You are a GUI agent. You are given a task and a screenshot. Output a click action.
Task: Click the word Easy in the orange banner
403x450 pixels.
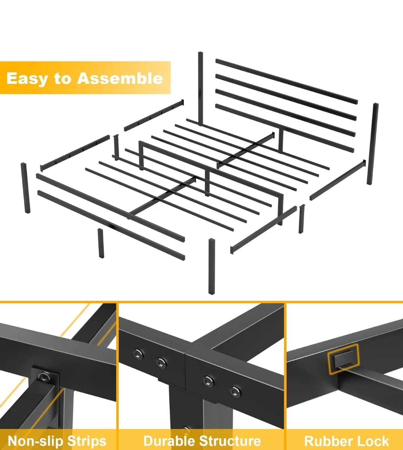coord(26,78)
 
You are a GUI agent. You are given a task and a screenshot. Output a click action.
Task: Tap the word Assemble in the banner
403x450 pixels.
coord(120,78)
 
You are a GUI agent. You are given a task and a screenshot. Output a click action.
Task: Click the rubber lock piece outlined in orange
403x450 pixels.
coord(343,360)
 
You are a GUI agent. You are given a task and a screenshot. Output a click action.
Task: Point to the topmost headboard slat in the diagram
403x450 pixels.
coord(287,81)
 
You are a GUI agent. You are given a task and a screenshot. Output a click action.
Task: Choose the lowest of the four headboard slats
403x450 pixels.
coord(285,128)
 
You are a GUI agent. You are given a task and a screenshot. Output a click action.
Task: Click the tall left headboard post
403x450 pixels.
coord(200,89)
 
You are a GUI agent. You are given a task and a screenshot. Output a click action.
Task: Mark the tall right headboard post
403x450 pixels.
coord(372,144)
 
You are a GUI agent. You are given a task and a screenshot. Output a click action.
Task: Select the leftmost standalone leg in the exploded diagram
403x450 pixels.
coord(25,188)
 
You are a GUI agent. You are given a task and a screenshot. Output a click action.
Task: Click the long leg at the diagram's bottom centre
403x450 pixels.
coord(212,266)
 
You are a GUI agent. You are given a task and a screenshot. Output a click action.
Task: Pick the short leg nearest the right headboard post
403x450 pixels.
coord(302,219)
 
